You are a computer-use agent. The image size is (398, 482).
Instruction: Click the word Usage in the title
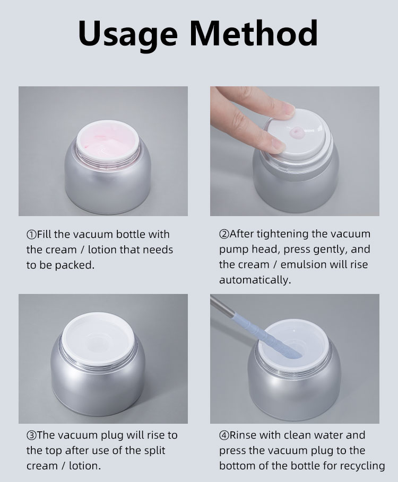(128, 34)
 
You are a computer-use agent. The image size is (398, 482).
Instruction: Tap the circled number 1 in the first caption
(31, 235)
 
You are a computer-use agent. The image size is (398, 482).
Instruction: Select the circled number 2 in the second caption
(224, 234)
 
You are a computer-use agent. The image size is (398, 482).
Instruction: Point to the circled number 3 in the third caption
(31, 435)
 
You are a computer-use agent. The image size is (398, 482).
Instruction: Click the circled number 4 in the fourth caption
(224, 435)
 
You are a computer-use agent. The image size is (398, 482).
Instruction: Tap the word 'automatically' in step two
(255, 280)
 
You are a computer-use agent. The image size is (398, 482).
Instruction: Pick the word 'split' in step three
(154, 451)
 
